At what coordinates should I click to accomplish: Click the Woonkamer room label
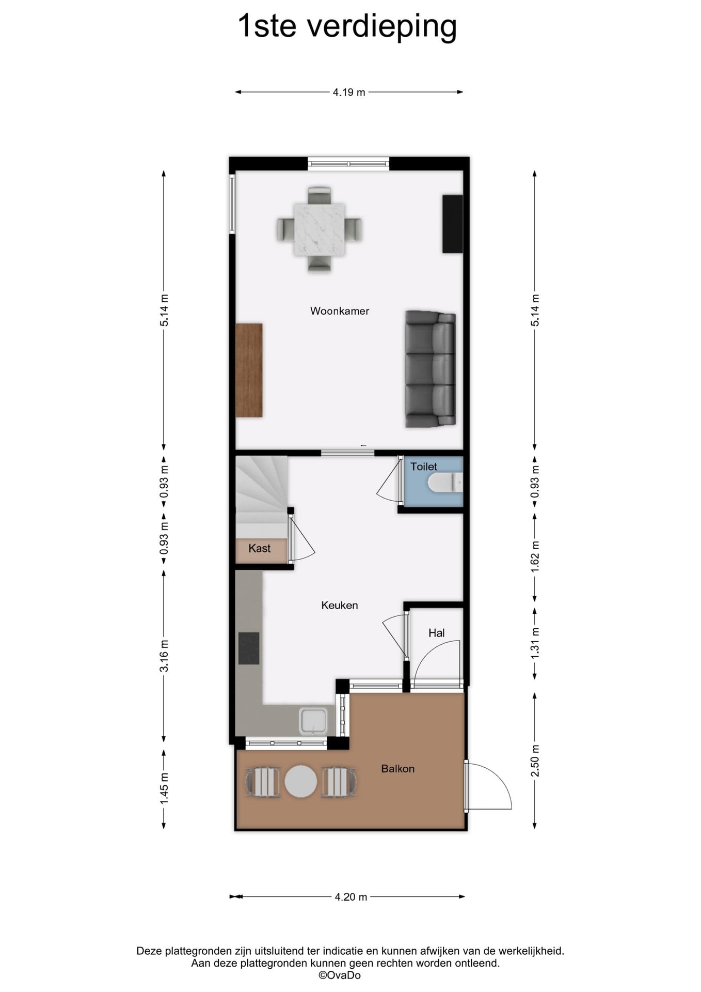pyautogui.click(x=339, y=311)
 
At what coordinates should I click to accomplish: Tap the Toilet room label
pyautogui.click(x=423, y=467)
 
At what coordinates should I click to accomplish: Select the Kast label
pyautogui.click(x=259, y=548)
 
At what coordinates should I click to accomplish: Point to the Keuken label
pyautogui.click(x=339, y=605)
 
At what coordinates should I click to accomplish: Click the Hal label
pyautogui.click(x=436, y=633)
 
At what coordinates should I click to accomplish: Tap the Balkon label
pyautogui.click(x=397, y=769)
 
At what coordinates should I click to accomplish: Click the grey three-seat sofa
pyautogui.click(x=430, y=369)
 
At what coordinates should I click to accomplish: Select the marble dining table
pyautogui.click(x=320, y=229)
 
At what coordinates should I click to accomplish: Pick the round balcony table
pyautogui.click(x=301, y=782)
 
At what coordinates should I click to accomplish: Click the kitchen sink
pyautogui.click(x=313, y=721)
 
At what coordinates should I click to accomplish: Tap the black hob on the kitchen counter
pyautogui.click(x=248, y=648)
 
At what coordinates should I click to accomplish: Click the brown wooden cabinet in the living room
pyautogui.click(x=249, y=370)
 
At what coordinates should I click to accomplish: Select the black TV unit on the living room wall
pyautogui.click(x=452, y=224)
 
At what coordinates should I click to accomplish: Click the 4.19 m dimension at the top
pyautogui.click(x=349, y=92)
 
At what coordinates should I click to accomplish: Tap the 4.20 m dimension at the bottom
pyautogui.click(x=351, y=897)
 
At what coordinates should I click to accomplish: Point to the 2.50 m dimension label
pyautogui.click(x=535, y=761)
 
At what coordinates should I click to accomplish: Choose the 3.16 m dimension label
pyautogui.click(x=164, y=656)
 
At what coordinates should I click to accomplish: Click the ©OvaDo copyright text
pyautogui.click(x=339, y=975)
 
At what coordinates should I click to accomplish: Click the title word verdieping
pyautogui.click(x=382, y=26)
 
